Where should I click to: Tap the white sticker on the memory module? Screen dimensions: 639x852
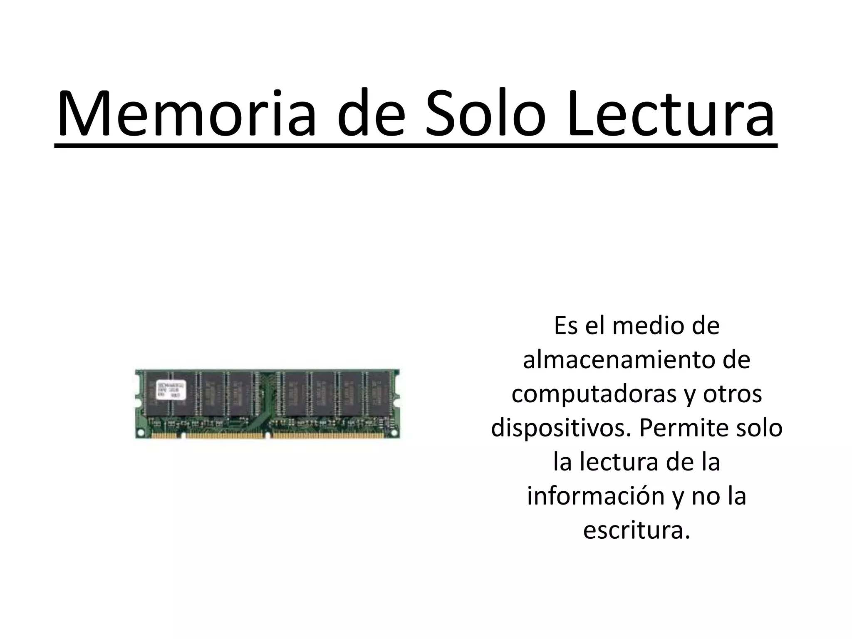click(171, 390)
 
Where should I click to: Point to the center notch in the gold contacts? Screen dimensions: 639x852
click(268, 436)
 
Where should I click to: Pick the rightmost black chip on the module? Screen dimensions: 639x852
click(378, 393)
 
